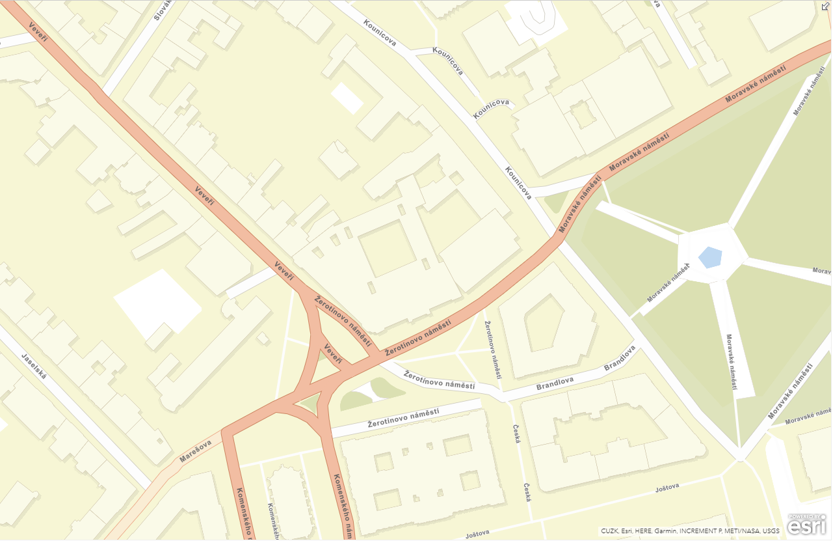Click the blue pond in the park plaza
click(710, 257)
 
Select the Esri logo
click(806, 524)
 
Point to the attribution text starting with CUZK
click(690, 531)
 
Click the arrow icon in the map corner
click(826, 6)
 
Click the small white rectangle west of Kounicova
click(347, 98)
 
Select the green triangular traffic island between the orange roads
click(311, 402)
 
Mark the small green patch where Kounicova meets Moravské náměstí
click(556, 201)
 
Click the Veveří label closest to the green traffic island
click(333, 354)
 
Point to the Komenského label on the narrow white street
click(273, 521)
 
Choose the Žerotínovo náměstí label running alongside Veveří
click(342, 322)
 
